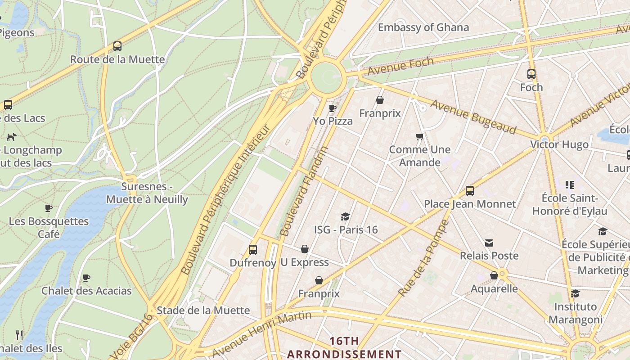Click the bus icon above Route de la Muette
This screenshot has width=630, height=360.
pos(117,46)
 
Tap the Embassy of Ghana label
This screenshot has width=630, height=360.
pos(423,27)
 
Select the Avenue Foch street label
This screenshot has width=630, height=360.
pos(400,66)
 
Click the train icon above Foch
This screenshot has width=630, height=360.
pos(531,74)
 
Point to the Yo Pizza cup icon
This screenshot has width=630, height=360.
pos(333,108)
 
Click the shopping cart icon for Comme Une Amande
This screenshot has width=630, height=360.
pos(419,136)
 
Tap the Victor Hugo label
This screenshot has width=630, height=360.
pos(559,144)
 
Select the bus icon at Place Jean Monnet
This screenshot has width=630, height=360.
pos(470,190)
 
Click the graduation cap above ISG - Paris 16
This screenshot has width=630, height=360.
pos(345,216)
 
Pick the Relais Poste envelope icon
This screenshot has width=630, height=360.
pos(489,243)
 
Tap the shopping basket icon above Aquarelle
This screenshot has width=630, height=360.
pos(494,275)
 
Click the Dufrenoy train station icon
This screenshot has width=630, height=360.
pos(253,249)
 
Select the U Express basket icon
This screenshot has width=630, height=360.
pos(305,249)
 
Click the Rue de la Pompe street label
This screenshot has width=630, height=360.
pos(423,258)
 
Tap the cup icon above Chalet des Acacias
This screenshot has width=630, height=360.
pos(86,278)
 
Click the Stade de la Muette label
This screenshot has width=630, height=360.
pos(203,310)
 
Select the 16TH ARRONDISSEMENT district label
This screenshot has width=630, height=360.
pos(344,347)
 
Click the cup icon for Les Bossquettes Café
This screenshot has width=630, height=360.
pos(49,208)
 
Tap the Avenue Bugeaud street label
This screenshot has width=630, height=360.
pos(473,117)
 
